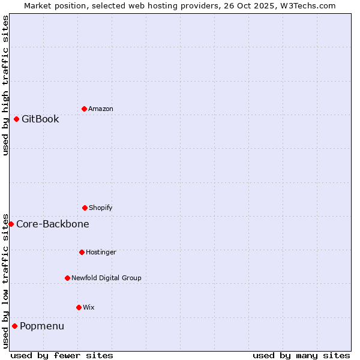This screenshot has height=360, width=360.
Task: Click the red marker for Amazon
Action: (x=84, y=109)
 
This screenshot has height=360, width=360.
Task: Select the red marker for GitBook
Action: (x=16, y=119)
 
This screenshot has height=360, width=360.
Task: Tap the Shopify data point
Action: (x=85, y=208)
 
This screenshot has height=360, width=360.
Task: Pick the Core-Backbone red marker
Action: (x=11, y=224)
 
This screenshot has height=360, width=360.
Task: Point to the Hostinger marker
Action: (x=82, y=252)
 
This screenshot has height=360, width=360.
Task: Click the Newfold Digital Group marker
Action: (x=67, y=278)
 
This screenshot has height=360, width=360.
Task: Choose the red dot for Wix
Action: (x=79, y=307)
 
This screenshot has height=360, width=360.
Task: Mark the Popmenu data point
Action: (x=14, y=326)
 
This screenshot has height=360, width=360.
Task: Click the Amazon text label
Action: (x=101, y=109)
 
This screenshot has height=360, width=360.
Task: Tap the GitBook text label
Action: (x=40, y=119)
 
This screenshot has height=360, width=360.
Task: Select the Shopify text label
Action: (x=101, y=208)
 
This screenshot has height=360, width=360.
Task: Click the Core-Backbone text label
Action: (x=53, y=224)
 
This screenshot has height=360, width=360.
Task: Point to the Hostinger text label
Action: (x=101, y=252)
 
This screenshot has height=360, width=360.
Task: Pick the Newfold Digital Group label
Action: (x=106, y=278)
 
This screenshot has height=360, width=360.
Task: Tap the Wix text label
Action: (x=89, y=307)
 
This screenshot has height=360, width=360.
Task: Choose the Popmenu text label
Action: (x=42, y=326)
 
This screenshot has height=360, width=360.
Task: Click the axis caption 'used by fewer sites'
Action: (x=62, y=355)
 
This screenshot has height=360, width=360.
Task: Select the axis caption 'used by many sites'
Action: (x=301, y=355)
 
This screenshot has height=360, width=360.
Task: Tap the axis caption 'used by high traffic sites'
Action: (x=5, y=85)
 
